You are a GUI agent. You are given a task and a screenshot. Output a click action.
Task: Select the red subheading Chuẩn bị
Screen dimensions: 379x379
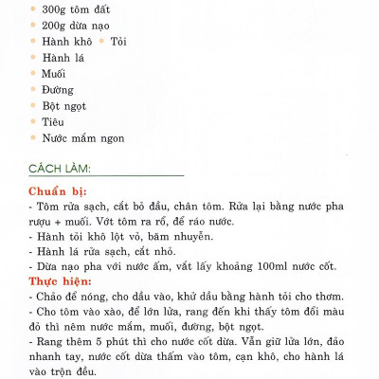61,189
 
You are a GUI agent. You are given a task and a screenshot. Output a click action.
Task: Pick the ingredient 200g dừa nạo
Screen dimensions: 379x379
72,26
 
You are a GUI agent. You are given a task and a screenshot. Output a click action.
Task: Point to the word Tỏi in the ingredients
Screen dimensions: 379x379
118,42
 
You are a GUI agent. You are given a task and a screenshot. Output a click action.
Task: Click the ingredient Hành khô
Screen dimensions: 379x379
65,42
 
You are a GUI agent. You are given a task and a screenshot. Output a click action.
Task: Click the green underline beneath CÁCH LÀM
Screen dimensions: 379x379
105,176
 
